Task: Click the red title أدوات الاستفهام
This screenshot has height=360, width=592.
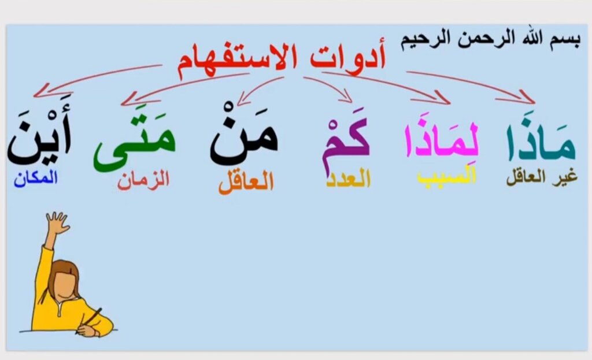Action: pos(282,60)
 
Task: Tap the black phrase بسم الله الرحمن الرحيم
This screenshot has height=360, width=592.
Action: pos(490,39)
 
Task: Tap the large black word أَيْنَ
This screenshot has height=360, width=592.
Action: pos(39,132)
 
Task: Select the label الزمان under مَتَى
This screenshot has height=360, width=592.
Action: pos(143,180)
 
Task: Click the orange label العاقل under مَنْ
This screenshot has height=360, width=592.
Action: pos(246,183)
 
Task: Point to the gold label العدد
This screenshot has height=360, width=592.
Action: pos(349,179)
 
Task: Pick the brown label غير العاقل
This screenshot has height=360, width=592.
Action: pos(542,177)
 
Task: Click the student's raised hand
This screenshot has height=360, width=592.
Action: pos(57,222)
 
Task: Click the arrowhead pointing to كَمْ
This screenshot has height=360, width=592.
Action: pos(346,97)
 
